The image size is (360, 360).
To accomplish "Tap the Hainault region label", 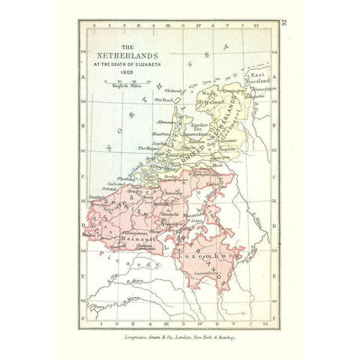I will coord(154,238).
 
